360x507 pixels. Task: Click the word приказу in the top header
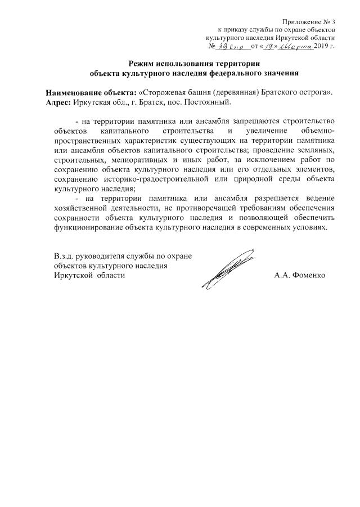238,29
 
